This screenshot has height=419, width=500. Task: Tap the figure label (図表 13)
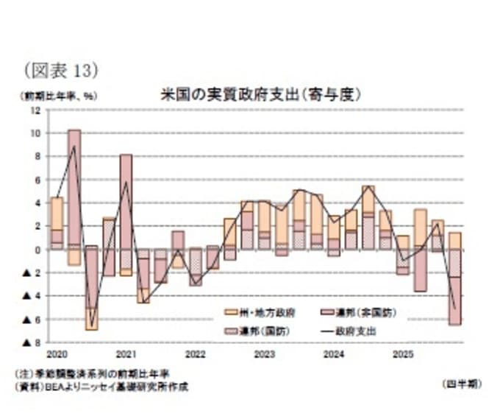coord(62,71)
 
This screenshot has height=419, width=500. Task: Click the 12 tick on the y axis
coord(37,110)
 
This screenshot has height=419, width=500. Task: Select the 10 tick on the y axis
coord(37,133)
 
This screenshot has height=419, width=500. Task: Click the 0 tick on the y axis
coord(39,250)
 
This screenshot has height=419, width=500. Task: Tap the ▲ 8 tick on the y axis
coord(32,342)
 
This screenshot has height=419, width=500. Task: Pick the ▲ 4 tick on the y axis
coord(32,296)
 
